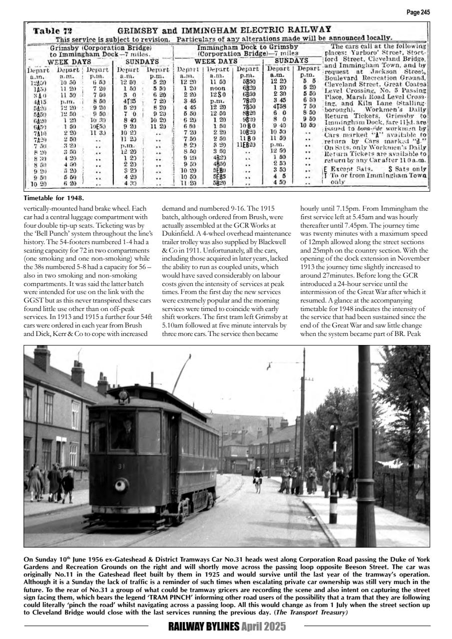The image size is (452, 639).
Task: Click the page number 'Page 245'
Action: [x=418, y=12]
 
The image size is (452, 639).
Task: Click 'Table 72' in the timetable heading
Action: [x=52, y=30]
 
